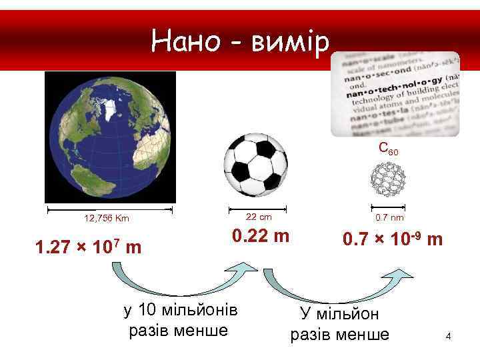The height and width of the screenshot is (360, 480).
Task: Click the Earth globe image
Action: pyautogui.click(x=110, y=137)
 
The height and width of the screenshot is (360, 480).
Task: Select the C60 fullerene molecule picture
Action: pyautogui.click(x=387, y=179)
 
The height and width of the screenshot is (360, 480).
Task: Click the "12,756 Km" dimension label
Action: pyautogui.click(x=107, y=218)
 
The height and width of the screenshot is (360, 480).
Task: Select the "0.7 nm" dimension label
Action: pyautogui.click(x=389, y=217)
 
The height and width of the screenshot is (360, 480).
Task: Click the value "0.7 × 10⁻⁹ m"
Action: pyautogui.click(x=392, y=239)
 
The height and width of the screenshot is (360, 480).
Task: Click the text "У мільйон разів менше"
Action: pyautogui.click(x=339, y=324)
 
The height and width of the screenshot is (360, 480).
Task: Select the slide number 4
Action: pyautogui.click(x=449, y=336)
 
